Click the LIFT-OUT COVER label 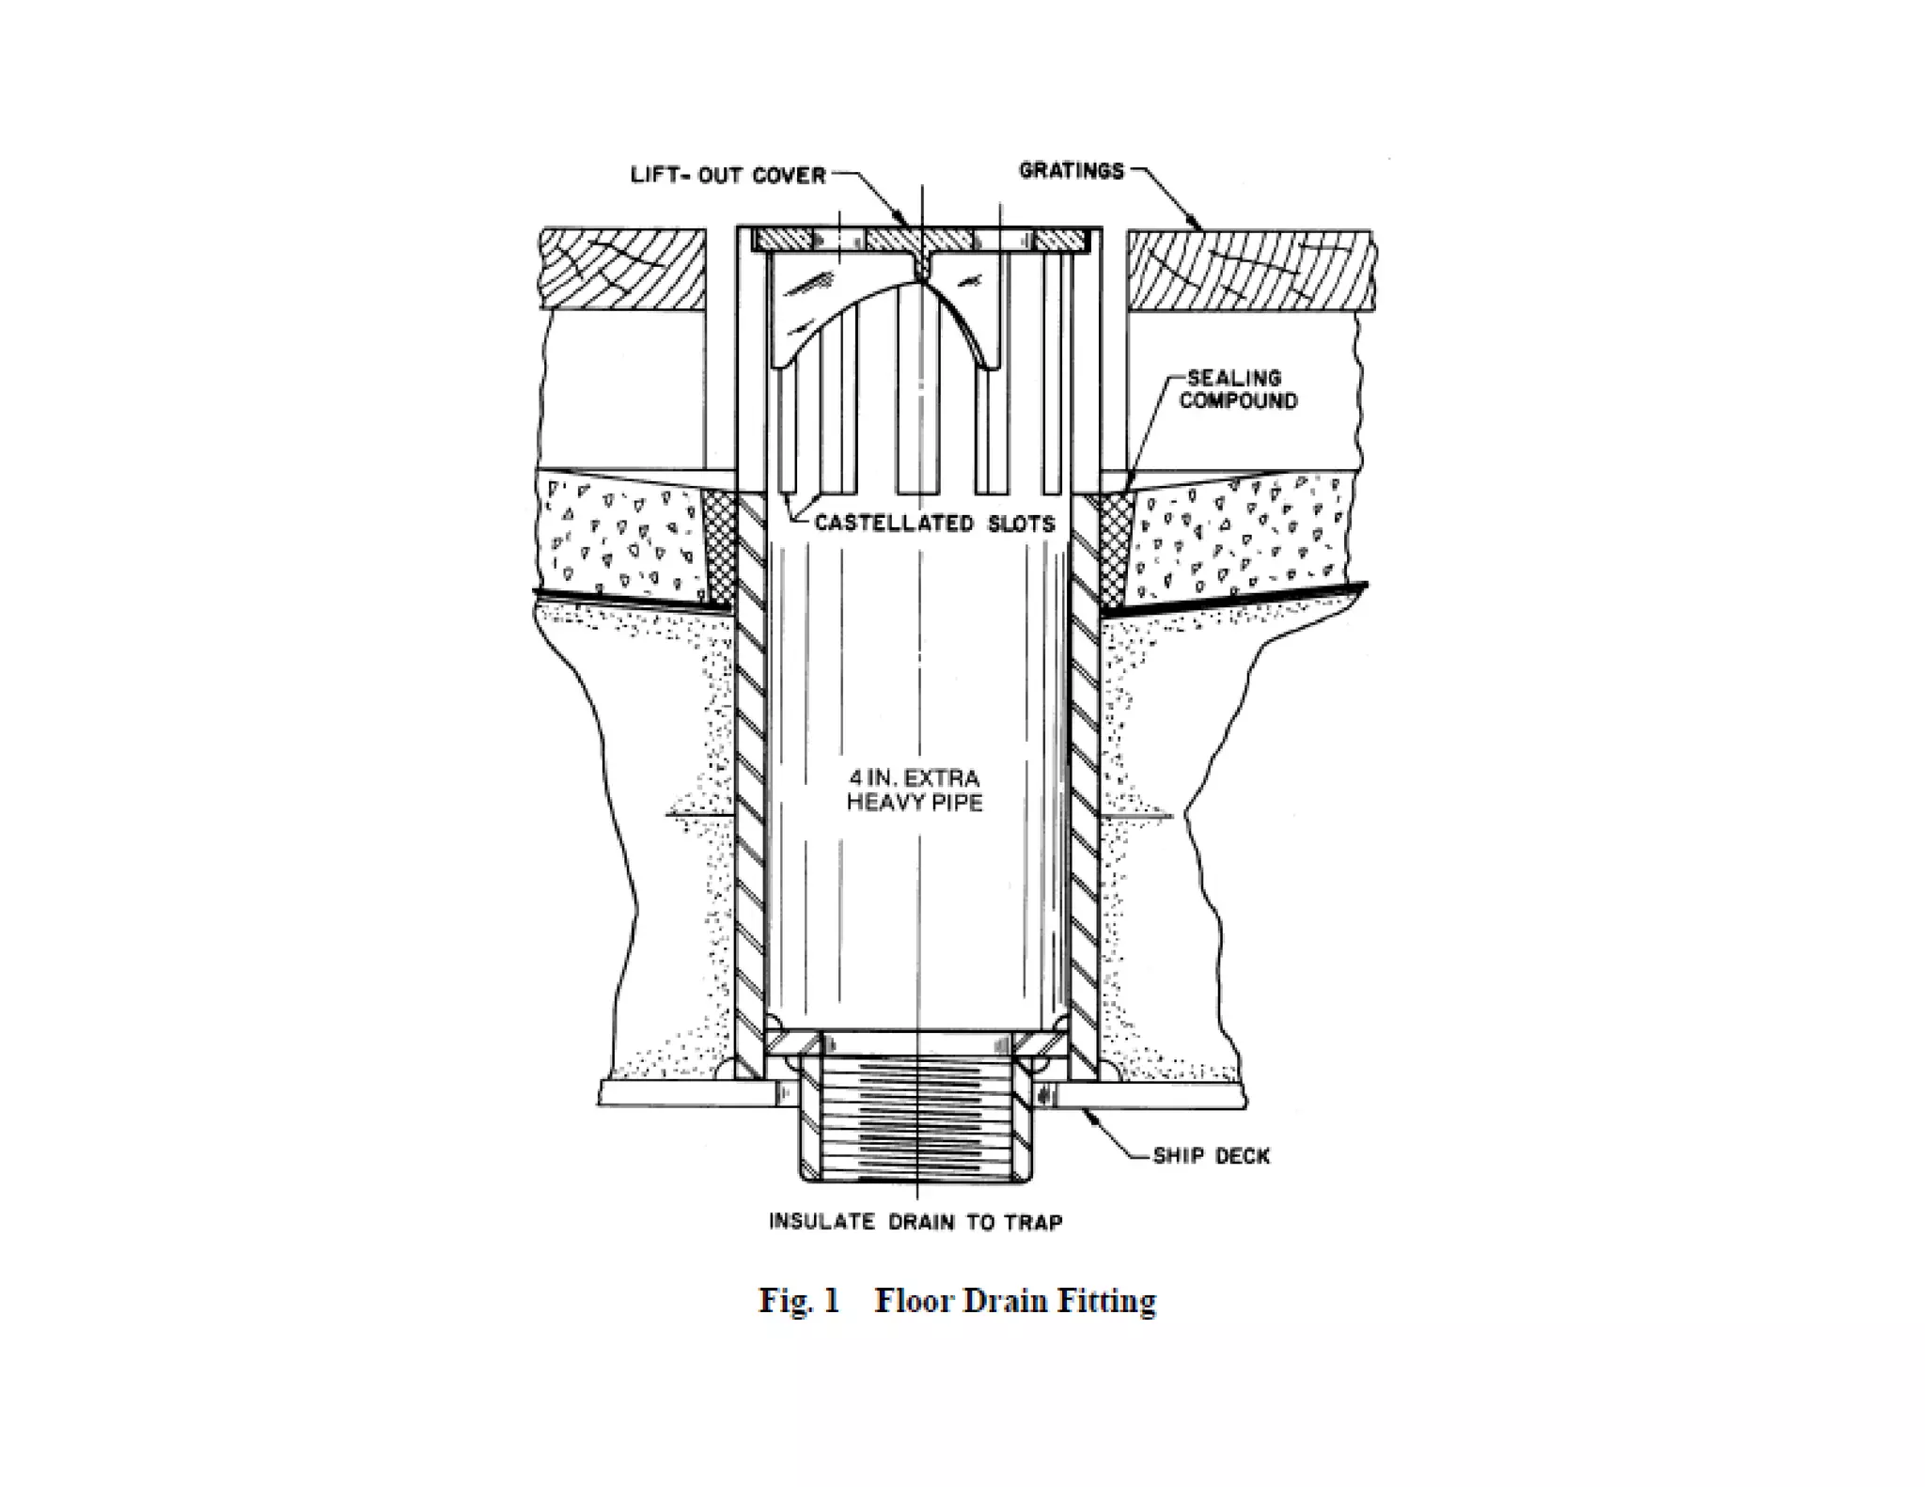[728, 176]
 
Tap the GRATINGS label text [1072, 171]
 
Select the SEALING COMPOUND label [1238, 389]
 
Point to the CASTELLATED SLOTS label [934, 524]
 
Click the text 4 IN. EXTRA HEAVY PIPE [915, 790]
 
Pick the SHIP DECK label [1211, 1156]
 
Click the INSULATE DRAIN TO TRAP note [916, 1223]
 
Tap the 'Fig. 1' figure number [799, 1301]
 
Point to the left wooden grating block [624, 269]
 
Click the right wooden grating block [1250, 271]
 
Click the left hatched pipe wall [751, 780]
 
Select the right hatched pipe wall [1084, 780]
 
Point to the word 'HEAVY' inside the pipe [880, 803]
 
